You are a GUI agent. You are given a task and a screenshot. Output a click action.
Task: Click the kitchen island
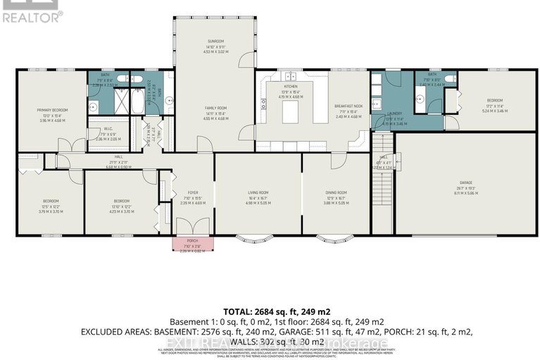coord(291,111)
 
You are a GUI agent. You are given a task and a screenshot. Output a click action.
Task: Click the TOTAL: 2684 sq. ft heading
coord(277,311)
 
